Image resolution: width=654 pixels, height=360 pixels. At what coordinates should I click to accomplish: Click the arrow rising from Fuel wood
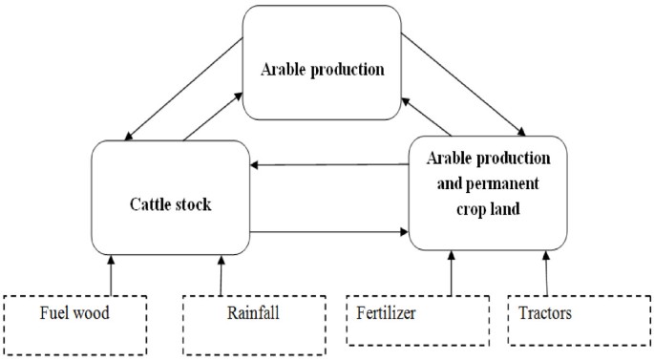point(112,274)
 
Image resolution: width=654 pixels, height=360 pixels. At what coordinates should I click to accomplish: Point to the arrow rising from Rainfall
point(222,274)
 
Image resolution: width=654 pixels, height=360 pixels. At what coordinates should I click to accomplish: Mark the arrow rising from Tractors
point(547,274)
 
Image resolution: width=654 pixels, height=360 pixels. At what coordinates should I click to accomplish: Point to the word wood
point(99,313)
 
